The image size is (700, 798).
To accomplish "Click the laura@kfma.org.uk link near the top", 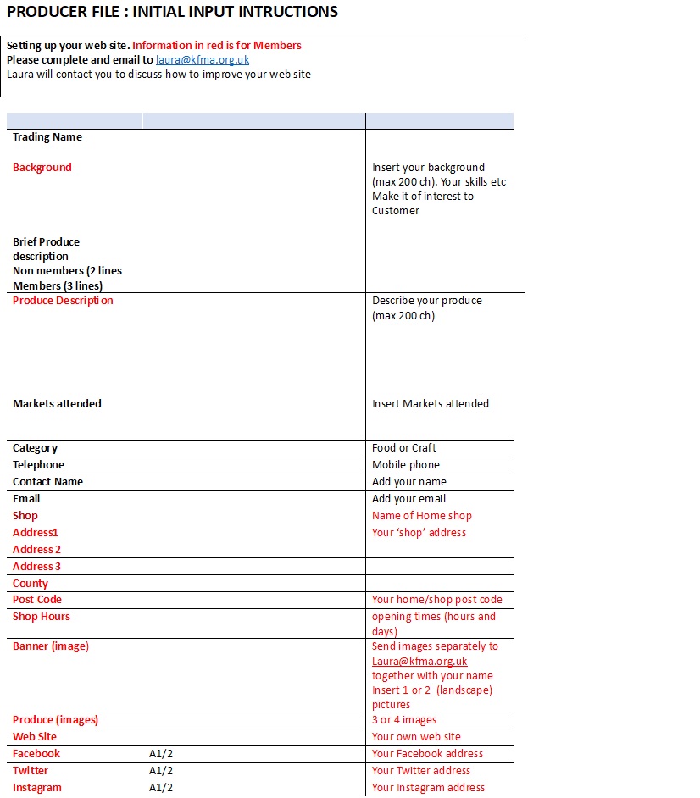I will coord(202,60).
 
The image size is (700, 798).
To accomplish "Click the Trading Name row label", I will coord(47,137).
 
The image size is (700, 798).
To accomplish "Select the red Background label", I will coord(42,168).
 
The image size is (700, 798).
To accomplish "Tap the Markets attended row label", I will coord(57,404).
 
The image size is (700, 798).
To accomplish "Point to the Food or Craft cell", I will coord(404,448).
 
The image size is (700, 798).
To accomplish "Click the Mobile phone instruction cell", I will coord(406,465).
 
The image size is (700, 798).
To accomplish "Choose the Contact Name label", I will coord(47,482).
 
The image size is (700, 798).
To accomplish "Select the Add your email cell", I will coord(408,499).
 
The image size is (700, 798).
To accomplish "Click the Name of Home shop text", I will coord(421,516).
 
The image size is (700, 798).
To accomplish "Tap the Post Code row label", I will coord(37,600).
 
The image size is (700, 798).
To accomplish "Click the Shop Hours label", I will coord(42,617).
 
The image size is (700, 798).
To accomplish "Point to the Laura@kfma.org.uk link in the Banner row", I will coord(419,662).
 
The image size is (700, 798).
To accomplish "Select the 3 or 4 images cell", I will coord(404,720).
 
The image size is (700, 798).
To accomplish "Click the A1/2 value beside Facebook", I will coord(161,754).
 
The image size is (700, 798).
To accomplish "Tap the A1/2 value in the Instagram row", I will coord(161,788).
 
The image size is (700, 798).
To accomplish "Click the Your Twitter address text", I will coord(420,771).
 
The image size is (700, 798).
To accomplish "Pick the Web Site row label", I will coord(35,737).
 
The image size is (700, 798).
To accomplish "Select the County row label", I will coord(31,584).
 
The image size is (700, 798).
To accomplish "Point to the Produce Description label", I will coord(63,301).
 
